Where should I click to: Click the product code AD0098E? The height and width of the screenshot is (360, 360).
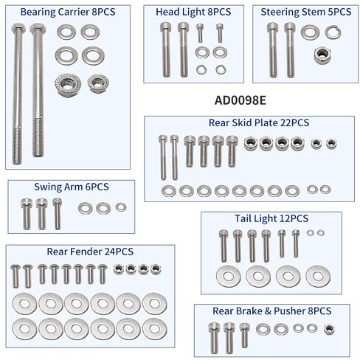(x=240, y=100)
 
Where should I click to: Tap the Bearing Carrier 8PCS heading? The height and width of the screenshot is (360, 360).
(x=68, y=12)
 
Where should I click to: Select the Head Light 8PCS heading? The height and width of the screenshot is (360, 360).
(x=193, y=12)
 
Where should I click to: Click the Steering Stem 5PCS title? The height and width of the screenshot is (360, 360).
(x=306, y=12)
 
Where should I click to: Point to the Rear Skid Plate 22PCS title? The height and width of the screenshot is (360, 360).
(x=259, y=122)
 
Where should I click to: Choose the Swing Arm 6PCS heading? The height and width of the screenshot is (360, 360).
(x=72, y=187)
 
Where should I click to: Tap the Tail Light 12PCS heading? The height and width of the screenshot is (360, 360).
(x=271, y=218)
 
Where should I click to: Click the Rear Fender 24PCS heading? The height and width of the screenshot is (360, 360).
(x=90, y=252)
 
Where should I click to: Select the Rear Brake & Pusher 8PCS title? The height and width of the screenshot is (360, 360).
(x=272, y=311)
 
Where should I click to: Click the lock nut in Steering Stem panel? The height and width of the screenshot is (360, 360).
(x=322, y=56)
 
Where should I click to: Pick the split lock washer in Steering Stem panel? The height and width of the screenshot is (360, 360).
(x=333, y=32)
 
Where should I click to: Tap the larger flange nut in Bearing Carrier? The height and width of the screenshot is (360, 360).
(x=68, y=85)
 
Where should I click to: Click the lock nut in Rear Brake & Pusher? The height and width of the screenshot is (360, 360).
(x=329, y=330)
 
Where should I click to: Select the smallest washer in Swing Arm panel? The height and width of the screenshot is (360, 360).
(x=121, y=207)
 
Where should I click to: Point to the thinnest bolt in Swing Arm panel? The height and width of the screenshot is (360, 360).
(x=58, y=214)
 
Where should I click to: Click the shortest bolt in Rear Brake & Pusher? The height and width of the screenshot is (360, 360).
(x=244, y=335)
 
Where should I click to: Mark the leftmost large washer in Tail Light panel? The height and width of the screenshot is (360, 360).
(x=229, y=277)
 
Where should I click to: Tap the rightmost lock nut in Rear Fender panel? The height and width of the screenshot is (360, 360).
(x=156, y=269)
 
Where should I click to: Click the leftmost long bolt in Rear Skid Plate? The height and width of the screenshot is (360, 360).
(x=163, y=157)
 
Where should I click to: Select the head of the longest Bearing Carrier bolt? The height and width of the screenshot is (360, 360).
(x=18, y=29)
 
